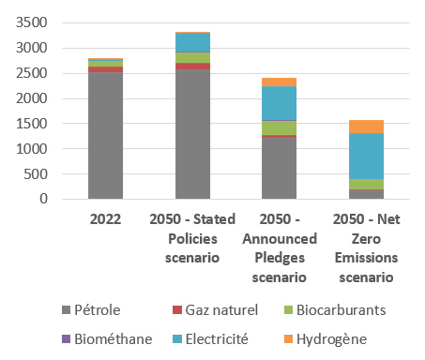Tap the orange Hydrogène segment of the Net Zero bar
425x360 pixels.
tap(352, 127)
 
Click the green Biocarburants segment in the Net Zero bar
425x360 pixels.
tap(352, 184)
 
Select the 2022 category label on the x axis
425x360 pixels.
tap(105, 218)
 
